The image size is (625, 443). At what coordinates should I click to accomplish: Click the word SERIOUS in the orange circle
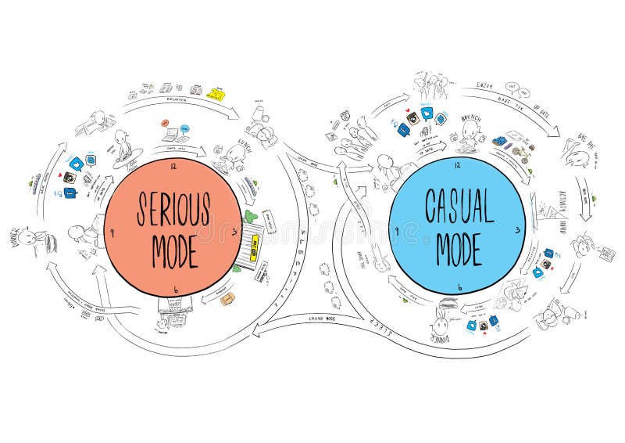(x=173, y=207)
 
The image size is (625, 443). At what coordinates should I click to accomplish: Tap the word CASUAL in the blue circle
(x=459, y=206)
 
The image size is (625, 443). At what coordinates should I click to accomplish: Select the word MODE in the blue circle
(x=459, y=247)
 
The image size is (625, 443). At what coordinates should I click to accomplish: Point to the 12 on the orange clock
(x=173, y=166)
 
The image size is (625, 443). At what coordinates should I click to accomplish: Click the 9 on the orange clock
(x=113, y=232)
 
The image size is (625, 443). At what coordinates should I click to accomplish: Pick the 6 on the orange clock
(x=176, y=290)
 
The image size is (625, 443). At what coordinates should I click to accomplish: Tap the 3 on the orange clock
(x=235, y=230)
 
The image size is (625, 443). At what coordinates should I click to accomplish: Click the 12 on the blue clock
(x=458, y=165)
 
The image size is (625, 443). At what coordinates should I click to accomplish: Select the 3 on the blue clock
(x=517, y=230)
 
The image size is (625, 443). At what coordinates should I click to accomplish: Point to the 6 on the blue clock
(x=459, y=288)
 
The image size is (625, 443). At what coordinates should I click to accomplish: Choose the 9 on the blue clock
(x=397, y=231)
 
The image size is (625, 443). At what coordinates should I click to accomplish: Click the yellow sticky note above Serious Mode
(x=216, y=94)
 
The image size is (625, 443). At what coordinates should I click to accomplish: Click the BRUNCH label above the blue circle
(x=471, y=119)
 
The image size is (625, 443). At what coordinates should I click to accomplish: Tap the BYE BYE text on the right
(x=587, y=138)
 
